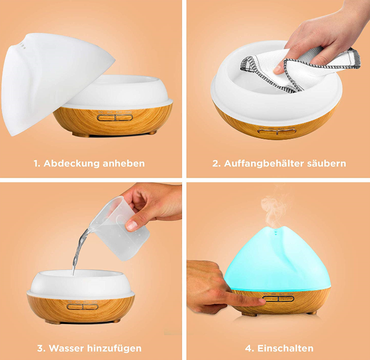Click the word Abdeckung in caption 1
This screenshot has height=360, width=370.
(71, 164)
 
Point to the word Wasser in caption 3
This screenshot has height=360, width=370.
(67, 348)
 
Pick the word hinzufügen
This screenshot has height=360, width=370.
(115, 348)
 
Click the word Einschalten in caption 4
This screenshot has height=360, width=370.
(286, 348)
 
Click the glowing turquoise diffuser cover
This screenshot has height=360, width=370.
(278, 259)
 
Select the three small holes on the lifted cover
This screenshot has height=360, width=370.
(23, 46)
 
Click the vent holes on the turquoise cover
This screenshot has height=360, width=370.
(275, 233)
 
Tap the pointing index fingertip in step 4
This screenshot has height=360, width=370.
(261, 301)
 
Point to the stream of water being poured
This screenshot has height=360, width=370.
(79, 250)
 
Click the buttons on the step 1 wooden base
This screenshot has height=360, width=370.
(115, 117)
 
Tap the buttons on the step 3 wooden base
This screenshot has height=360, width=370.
(83, 307)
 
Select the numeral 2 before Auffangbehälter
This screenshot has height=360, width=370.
(216, 164)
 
